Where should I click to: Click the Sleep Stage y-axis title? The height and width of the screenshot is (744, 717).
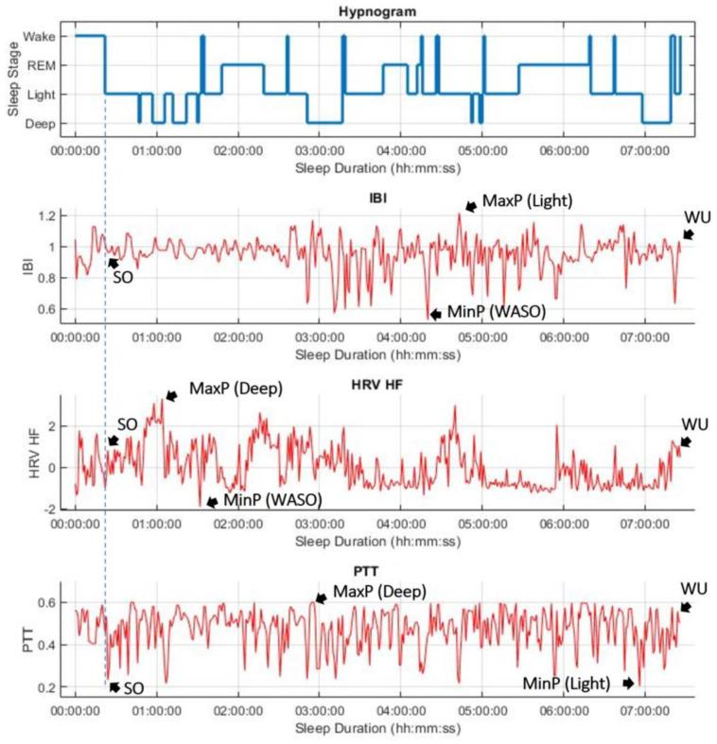click(x=13, y=79)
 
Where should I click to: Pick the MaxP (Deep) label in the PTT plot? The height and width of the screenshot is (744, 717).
click(x=378, y=592)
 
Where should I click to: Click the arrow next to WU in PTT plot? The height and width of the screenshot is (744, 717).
click(x=685, y=607)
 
